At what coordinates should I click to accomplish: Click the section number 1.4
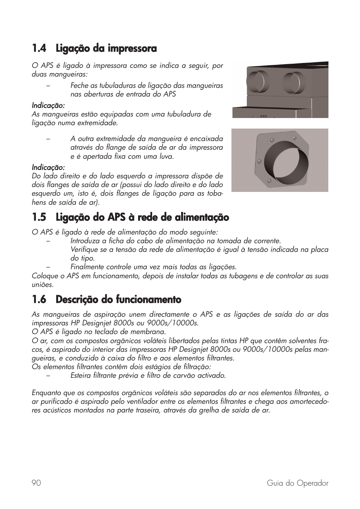(39, 49)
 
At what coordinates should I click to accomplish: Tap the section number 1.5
(39, 218)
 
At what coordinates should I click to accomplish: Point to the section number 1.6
(39, 300)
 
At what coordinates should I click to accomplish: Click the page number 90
(36, 483)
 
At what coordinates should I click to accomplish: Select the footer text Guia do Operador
(297, 483)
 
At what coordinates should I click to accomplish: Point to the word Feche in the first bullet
(79, 86)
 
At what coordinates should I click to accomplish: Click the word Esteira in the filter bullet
(81, 376)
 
